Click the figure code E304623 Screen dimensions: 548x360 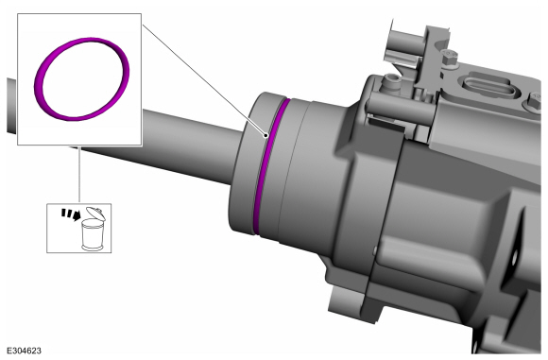tap(25, 351)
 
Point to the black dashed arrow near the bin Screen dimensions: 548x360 tap(70, 214)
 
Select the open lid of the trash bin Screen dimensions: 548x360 tap(95, 213)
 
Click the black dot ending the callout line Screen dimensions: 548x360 tap(266, 135)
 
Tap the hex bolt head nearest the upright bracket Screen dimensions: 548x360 tap(450, 58)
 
